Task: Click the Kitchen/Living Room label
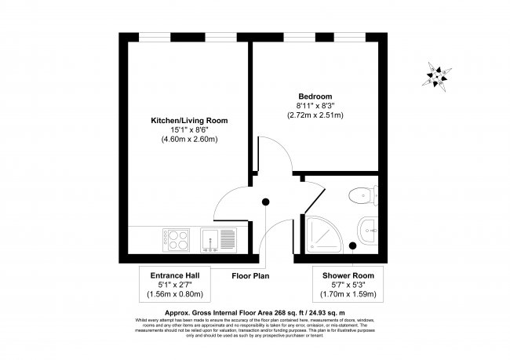pyautogui.click(x=188, y=120)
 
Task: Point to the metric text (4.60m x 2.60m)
pyautogui.click(x=188, y=140)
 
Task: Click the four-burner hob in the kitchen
pyautogui.click(x=176, y=238)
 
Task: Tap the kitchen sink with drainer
pyautogui.click(x=218, y=238)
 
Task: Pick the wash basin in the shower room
pyautogui.click(x=369, y=232)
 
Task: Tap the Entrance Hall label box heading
pyautogui.click(x=175, y=275)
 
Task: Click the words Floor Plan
pyautogui.click(x=250, y=275)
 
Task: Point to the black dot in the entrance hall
pyautogui.click(x=266, y=202)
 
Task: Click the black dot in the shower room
pyautogui.click(x=352, y=246)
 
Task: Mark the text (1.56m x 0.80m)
pyautogui.click(x=175, y=295)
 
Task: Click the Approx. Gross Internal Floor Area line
pyautogui.click(x=255, y=312)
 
